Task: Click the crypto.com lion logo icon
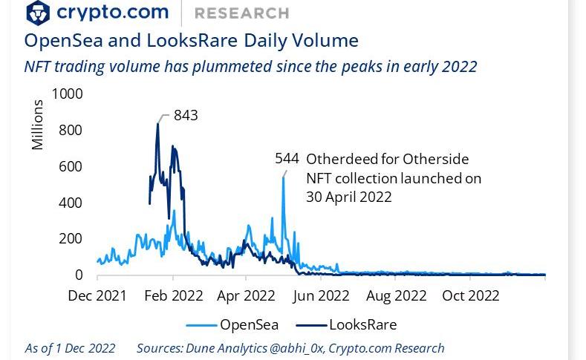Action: (38, 13)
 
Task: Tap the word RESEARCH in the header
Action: (241, 13)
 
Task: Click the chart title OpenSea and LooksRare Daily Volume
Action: (191, 41)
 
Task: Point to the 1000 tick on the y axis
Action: (68, 94)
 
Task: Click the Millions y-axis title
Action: (38, 124)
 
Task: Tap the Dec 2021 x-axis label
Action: (97, 295)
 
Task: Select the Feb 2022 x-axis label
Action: (174, 295)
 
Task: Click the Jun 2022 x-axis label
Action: (320, 295)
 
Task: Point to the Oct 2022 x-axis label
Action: (471, 295)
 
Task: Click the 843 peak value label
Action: (186, 115)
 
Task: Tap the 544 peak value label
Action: (287, 158)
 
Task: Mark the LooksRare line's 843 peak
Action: (157, 123)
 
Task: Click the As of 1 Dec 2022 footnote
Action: (70, 348)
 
